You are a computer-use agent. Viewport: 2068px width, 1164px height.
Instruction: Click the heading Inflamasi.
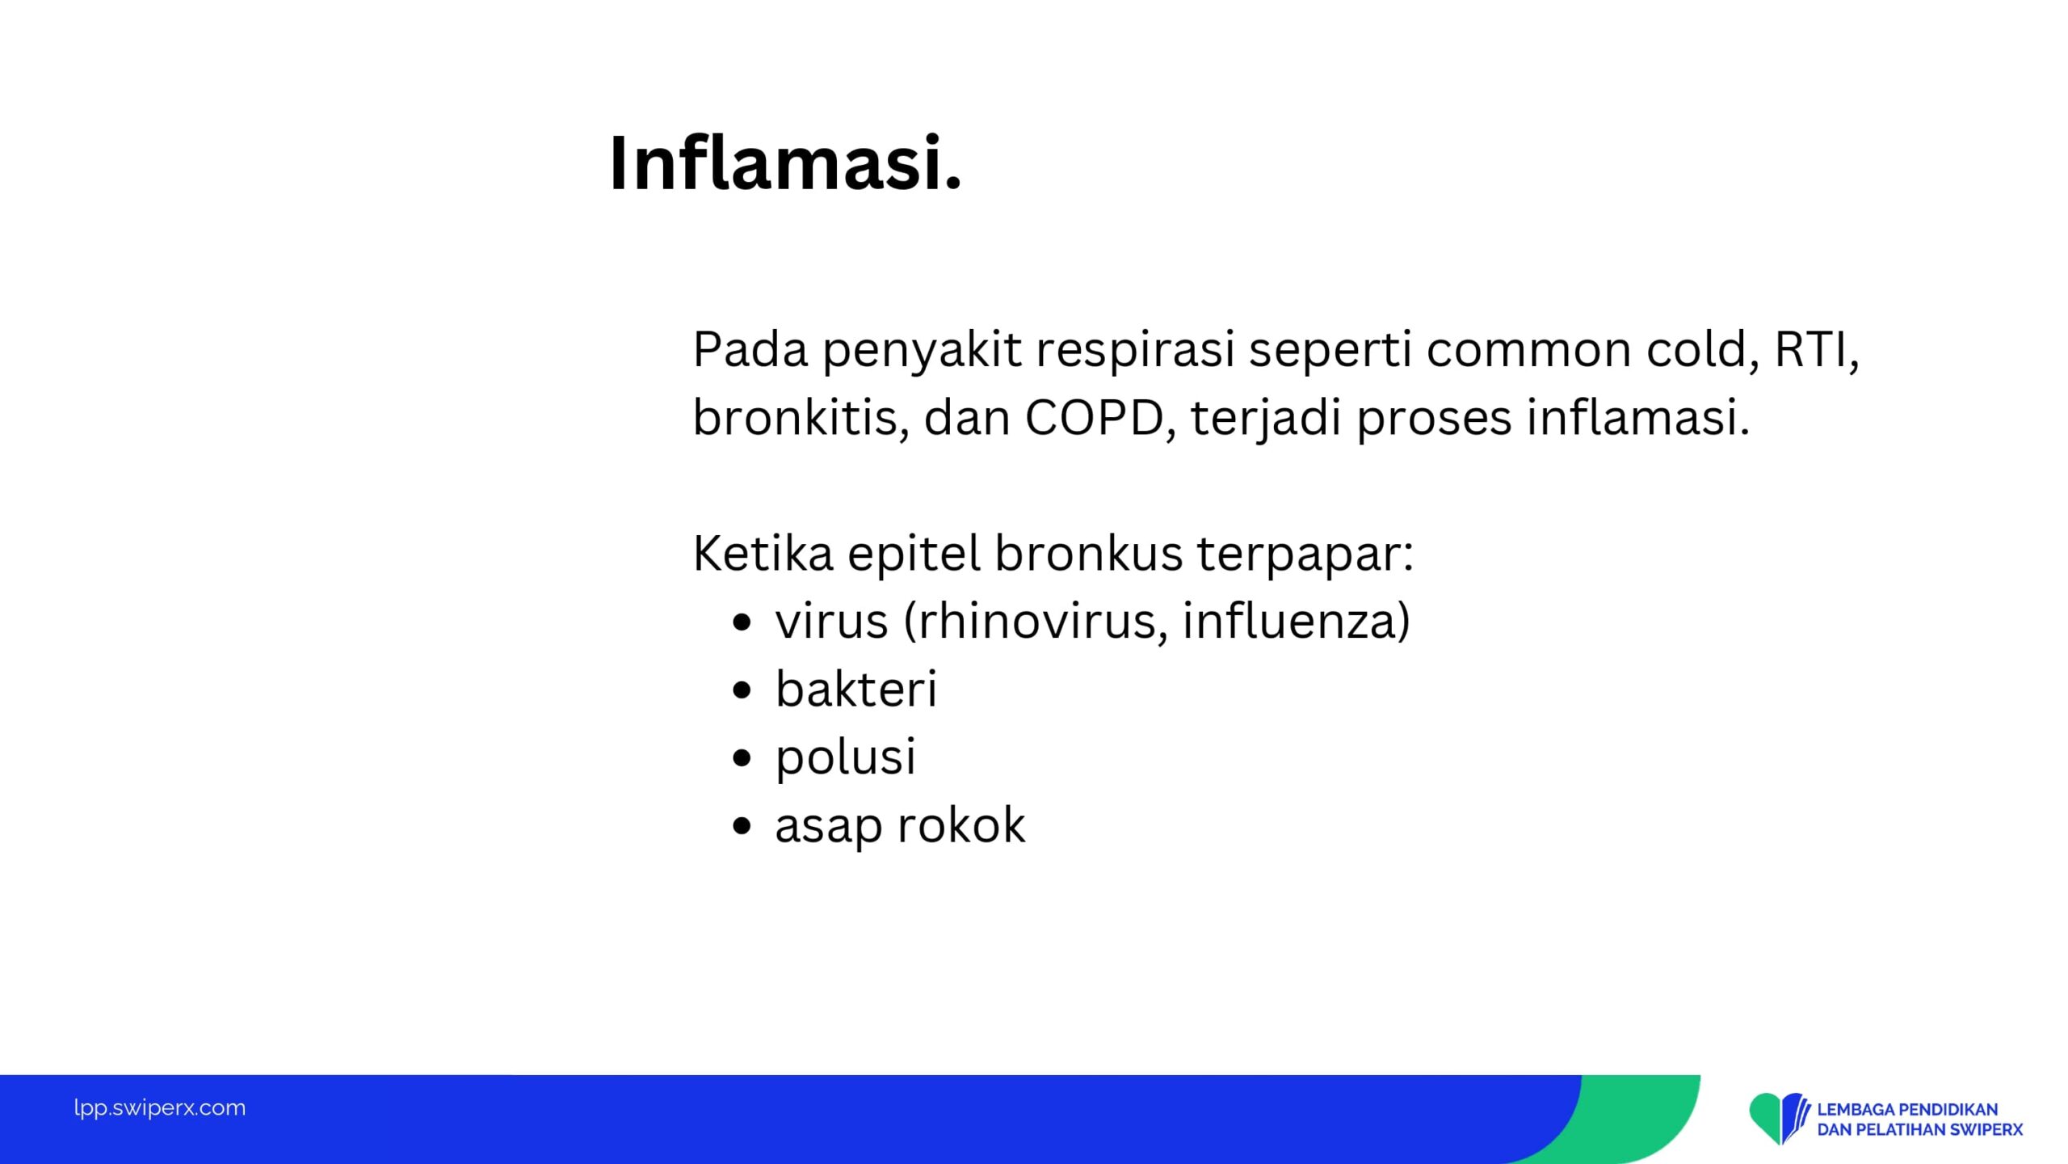click(x=785, y=163)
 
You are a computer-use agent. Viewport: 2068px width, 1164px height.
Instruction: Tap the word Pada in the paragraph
click(x=750, y=350)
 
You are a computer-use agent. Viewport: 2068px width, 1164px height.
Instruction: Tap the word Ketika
click(x=763, y=554)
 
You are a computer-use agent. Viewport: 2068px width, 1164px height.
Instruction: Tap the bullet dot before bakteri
click(x=742, y=690)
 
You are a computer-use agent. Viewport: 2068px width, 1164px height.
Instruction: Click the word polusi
click(x=846, y=759)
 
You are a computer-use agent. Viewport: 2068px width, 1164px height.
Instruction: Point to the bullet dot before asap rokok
click(x=742, y=826)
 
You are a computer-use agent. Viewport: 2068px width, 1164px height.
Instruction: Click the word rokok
click(x=961, y=825)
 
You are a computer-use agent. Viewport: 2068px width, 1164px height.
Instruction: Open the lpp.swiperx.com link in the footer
click(x=160, y=1108)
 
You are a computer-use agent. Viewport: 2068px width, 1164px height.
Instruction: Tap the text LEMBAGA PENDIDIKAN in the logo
click(x=1907, y=1109)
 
